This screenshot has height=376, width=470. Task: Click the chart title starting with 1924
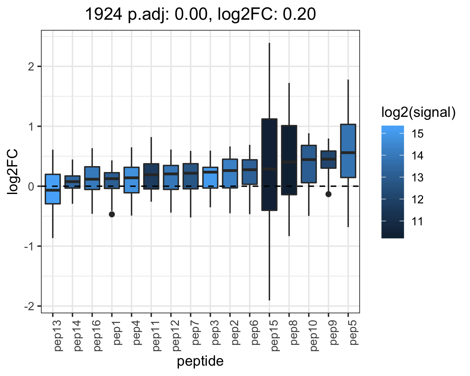pyautogui.click(x=200, y=14)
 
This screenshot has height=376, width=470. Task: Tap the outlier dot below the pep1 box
pyautogui.click(x=112, y=214)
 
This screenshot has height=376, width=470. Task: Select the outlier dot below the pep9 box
pyautogui.click(x=328, y=194)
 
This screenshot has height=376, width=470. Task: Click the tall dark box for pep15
pyautogui.click(x=269, y=165)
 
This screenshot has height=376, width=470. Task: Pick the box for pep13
pyautogui.click(x=53, y=189)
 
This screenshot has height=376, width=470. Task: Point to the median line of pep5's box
pyautogui.click(x=348, y=153)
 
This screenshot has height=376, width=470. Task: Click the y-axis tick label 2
pyautogui.click(x=31, y=66)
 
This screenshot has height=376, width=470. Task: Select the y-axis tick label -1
pyautogui.click(x=29, y=247)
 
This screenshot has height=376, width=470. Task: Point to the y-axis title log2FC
pyautogui.click(x=13, y=171)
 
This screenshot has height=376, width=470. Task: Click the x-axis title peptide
pyautogui.click(x=200, y=361)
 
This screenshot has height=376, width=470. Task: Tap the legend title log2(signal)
pyautogui.click(x=419, y=112)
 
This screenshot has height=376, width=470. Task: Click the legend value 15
pyautogui.click(x=417, y=133)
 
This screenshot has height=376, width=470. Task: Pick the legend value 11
pyautogui.click(x=417, y=221)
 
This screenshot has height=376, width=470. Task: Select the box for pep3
pyautogui.click(x=210, y=178)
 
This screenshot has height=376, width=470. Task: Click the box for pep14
pyautogui.click(x=72, y=182)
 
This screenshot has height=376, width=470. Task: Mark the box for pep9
pyautogui.click(x=328, y=159)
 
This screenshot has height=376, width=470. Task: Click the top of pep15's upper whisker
pyautogui.click(x=269, y=43)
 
